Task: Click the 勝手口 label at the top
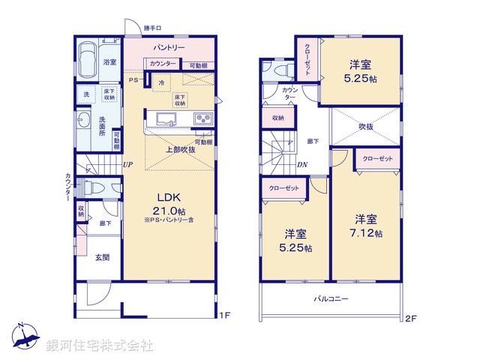[153, 28]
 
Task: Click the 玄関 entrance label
[103, 258]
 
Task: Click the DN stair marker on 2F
[301, 166]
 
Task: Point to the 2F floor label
[409, 318]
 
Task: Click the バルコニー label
[331, 299]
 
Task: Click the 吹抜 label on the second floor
[365, 127]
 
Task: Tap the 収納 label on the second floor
[278, 118]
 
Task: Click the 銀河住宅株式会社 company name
[100, 346]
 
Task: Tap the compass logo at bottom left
[23, 336]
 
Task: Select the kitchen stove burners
[203, 118]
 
